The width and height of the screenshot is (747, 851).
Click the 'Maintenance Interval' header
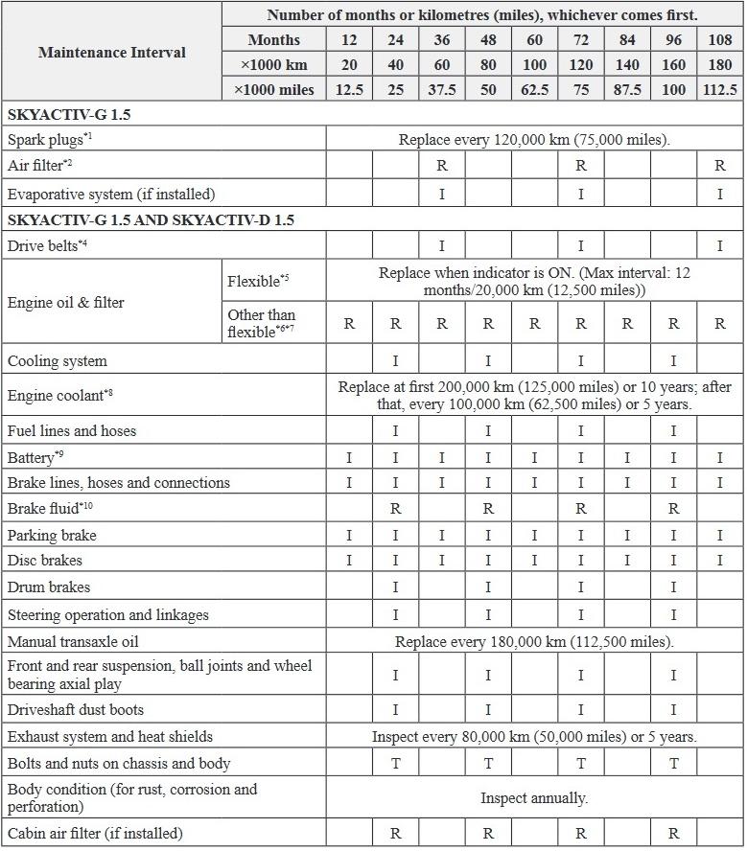tap(112, 52)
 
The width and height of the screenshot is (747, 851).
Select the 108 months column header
tap(720, 39)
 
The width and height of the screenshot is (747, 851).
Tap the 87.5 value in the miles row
tap(627, 89)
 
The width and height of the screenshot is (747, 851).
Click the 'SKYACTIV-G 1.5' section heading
tap(69, 114)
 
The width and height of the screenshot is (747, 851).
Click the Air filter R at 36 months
tap(442, 165)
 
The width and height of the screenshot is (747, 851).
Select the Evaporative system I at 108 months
tap(720, 194)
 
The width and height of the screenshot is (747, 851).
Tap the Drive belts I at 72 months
tap(581, 246)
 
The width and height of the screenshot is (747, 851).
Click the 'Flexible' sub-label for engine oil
tap(257, 282)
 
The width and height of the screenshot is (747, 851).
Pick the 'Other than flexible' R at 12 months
tap(349, 324)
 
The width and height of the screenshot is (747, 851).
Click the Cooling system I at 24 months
tap(395, 361)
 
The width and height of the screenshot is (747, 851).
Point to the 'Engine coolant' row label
tap(59, 395)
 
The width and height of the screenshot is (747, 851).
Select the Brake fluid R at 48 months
tap(488, 509)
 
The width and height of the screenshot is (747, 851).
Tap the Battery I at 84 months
tap(627, 458)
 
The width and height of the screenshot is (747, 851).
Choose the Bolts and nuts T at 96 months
tap(674, 763)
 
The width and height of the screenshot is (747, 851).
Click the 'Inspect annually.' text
tap(534, 797)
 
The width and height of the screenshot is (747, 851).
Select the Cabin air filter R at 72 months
tap(581, 833)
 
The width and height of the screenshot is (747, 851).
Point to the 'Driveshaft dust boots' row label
tap(76, 710)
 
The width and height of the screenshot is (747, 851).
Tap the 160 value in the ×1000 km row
tap(674, 64)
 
